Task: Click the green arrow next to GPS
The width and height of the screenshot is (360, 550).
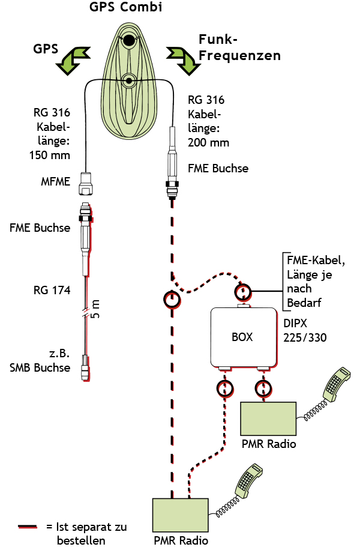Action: click(x=73, y=59)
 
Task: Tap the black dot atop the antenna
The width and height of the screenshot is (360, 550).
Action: click(x=128, y=41)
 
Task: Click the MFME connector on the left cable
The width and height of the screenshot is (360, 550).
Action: click(x=86, y=183)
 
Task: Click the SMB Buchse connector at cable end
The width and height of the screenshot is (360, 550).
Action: click(x=86, y=366)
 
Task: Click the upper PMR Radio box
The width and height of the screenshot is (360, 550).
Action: click(x=268, y=419)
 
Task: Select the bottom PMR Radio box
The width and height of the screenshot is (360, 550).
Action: click(x=180, y=515)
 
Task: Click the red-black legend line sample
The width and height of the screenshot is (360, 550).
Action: click(x=28, y=527)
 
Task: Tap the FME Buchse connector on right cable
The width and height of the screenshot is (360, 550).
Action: click(x=173, y=162)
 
